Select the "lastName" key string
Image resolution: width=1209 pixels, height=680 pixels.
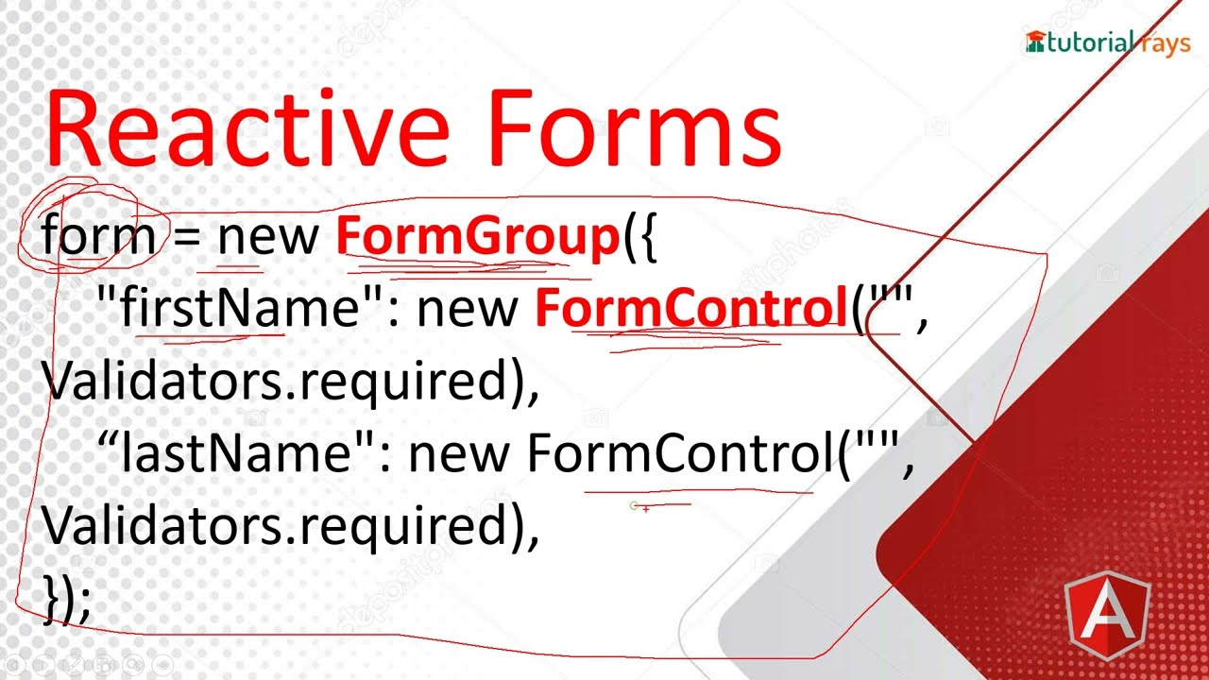[236, 454]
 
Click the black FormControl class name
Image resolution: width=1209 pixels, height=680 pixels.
[680, 454]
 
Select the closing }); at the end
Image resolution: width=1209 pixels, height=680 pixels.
[67, 600]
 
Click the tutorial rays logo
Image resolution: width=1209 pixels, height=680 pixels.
[1107, 42]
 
